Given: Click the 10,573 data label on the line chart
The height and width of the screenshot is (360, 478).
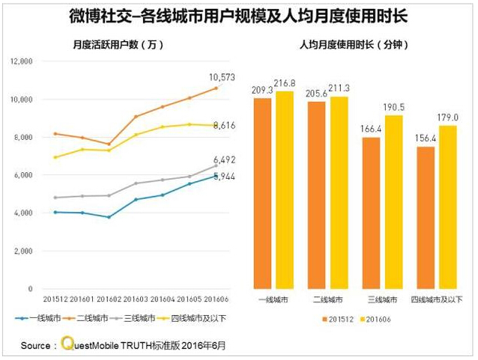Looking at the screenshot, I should pyautogui.click(x=223, y=77).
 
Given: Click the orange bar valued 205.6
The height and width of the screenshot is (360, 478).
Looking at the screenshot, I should pyautogui.click(x=317, y=195).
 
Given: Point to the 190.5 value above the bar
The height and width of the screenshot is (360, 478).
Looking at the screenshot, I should pyautogui.click(x=393, y=106).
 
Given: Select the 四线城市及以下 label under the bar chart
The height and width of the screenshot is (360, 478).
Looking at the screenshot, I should pyautogui.click(x=437, y=299).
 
